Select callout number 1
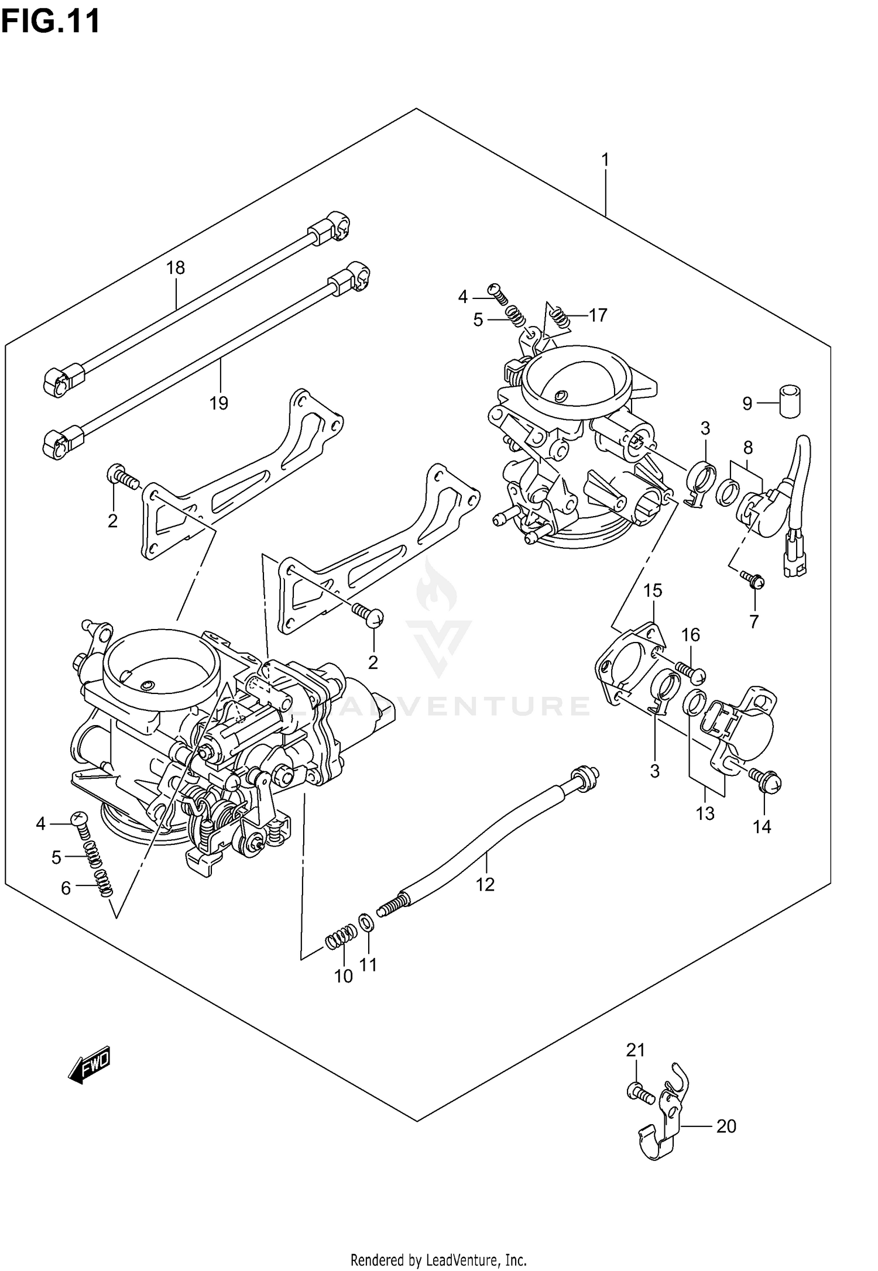[x=605, y=159]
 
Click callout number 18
[x=175, y=268]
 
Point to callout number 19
[x=218, y=403]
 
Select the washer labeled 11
[x=366, y=924]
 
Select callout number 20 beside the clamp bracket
[x=726, y=1126]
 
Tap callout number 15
[x=653, y=590]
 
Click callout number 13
[x=705, y=813]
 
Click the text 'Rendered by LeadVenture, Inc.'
[x=438, y=1255]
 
